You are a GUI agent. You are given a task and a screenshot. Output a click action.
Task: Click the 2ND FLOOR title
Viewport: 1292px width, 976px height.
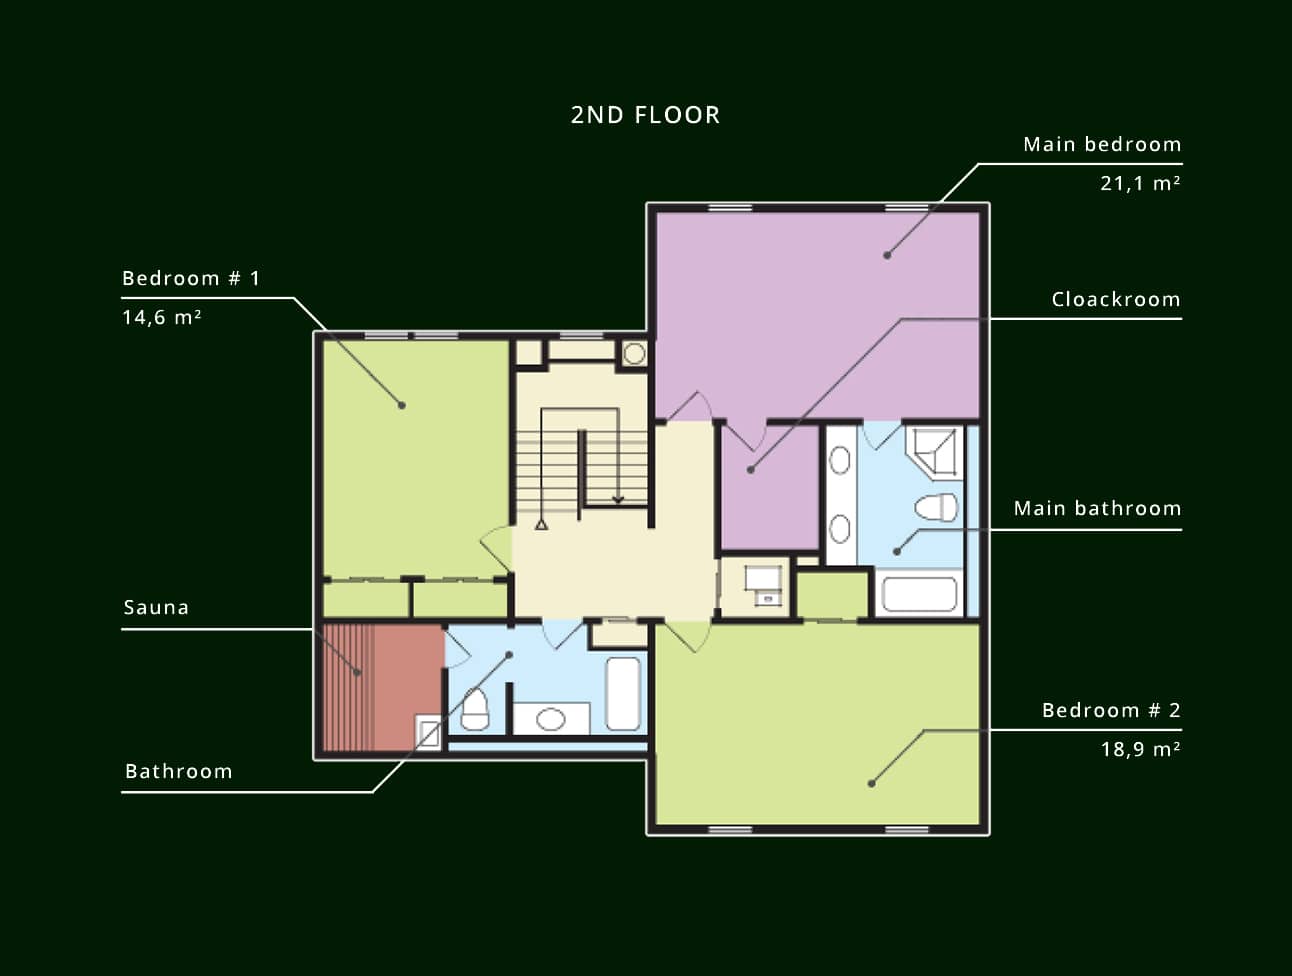(x=646, y=115)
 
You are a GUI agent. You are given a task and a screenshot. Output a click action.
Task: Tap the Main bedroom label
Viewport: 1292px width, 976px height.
(x=1102, y=144)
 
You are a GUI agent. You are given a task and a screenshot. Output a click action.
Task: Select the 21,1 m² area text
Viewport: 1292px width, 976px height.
(x=1140, y=184)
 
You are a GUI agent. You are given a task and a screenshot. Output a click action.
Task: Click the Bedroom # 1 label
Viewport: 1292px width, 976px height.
(x=191, y=278)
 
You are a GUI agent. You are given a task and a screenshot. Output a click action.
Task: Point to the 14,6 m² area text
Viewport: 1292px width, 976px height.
(x=162, y=317)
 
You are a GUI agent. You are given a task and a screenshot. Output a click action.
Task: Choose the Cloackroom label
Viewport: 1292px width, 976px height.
(x=1116, y=300)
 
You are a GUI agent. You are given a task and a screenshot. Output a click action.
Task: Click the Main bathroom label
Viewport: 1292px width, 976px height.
(x=1097, y=509)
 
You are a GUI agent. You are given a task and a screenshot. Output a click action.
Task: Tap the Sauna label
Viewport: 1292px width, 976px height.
(x=156, y=607)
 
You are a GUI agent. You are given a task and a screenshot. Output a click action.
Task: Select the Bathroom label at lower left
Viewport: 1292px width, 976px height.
(x=179, y=771)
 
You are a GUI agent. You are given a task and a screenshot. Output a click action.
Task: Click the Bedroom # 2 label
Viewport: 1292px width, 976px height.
(x=1111, y=710)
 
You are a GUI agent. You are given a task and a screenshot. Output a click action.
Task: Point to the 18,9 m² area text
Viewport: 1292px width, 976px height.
(x=1141, y=749)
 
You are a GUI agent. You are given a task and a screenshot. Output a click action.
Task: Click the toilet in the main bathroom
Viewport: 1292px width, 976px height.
(x=936, y=507)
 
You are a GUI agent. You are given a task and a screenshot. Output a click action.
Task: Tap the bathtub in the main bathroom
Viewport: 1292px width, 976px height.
(x=919, y=595)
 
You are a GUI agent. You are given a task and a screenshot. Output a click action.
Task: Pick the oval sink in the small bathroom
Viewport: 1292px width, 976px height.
(x=550, y=719)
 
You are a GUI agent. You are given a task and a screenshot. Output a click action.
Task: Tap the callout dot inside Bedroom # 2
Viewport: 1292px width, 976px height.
(x=872, y=784)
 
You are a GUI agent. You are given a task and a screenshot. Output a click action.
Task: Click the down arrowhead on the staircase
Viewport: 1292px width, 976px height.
(x=618, y=500)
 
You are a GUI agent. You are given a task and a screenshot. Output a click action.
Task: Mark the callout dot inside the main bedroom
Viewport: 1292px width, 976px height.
(x=887, y=255)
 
